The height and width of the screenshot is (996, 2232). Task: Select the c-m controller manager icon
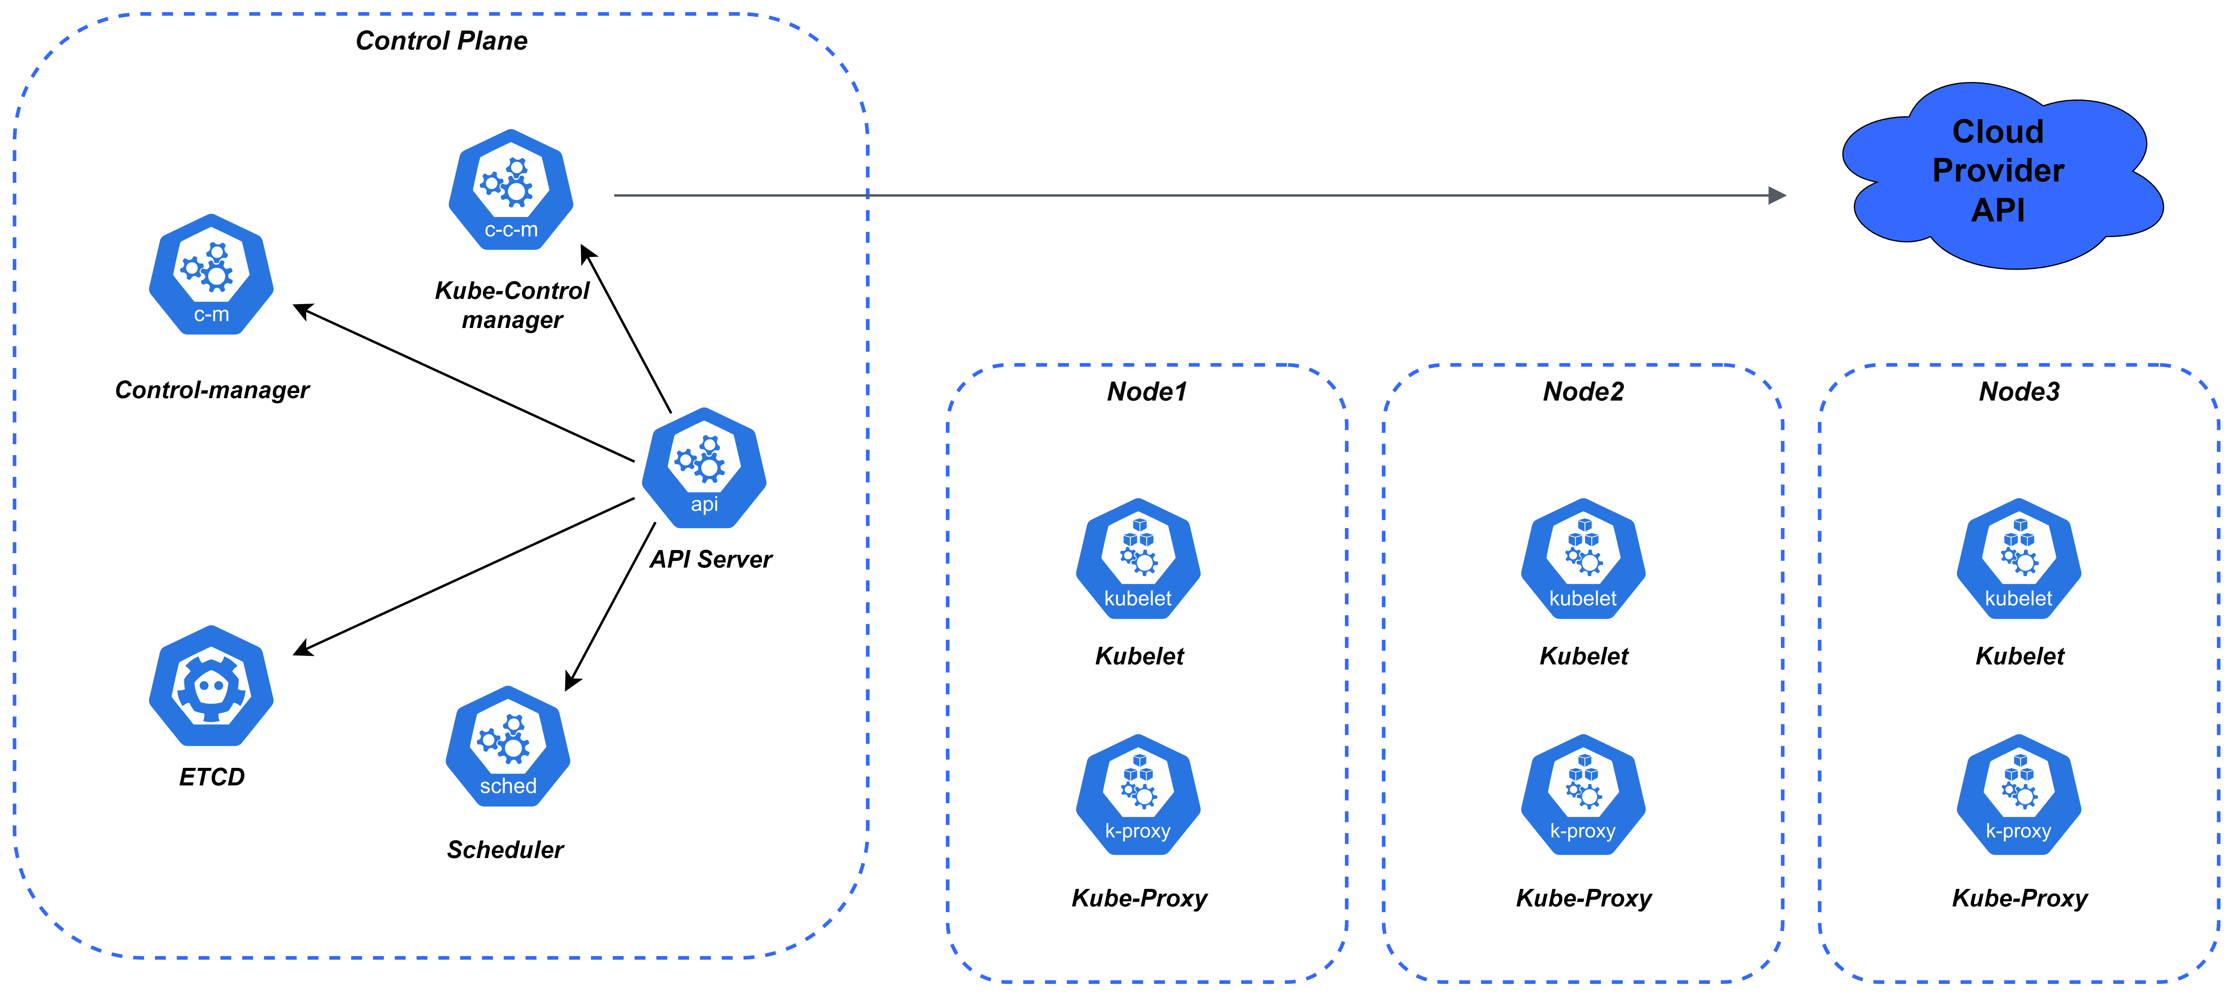click(x=211, y=274)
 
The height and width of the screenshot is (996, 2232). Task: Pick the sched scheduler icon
click(x=509, y=747)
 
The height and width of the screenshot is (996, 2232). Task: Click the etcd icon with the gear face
click(x=211, y=686)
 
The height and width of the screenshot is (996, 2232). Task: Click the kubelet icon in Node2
click(x=1583, y=559)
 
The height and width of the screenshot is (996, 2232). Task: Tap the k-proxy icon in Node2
click(x=1583, y=795)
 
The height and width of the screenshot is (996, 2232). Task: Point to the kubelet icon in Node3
click(x=2019, y=559)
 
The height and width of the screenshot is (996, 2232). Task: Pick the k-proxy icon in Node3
click(x=2019, y=795)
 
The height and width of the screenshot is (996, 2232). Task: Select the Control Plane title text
click(x=442, y=41)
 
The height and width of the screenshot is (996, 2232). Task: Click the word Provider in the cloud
click(x=1998, y=171)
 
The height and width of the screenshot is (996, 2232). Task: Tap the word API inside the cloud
click(x=1998, y=211)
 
